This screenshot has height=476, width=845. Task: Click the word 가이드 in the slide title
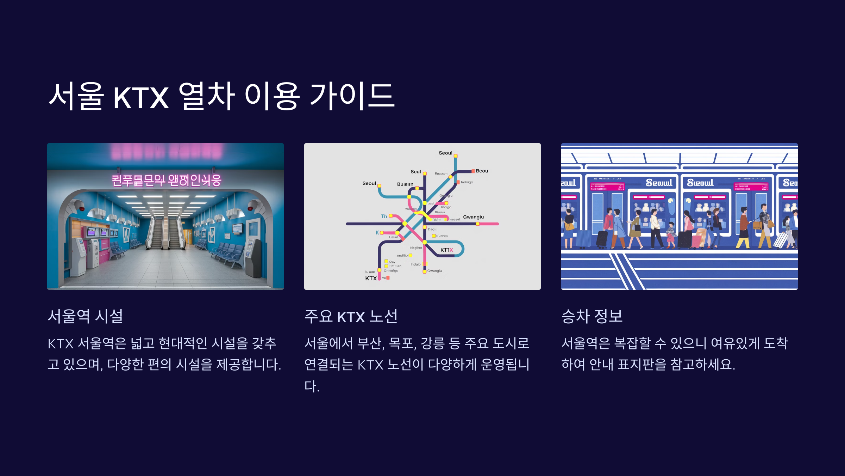click(x=352, y=96)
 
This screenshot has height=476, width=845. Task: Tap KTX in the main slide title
click(x=141, y=97)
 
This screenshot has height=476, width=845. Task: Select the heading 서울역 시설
click(x=86, y=316)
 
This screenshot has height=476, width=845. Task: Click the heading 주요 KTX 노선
click(x=351, y=316)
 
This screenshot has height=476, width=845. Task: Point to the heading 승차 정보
click(x=592, y=316)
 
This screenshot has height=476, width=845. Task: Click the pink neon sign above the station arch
click(x=167, y=180)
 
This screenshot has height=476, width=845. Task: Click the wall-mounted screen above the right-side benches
click(x=237, y=228)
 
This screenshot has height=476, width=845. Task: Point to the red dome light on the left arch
click(x=81, y=208)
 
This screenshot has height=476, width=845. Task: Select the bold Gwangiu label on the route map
click(x=473, y=217)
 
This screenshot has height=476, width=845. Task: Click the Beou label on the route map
click(x=482, y=171)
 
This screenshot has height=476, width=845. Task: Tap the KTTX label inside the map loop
click(x=446, y=250)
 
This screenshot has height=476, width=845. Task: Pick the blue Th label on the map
click(x=384, y=216)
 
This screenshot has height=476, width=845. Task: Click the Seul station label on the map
click(x=415, y=172)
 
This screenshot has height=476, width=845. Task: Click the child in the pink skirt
click(x=671, y=234)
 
